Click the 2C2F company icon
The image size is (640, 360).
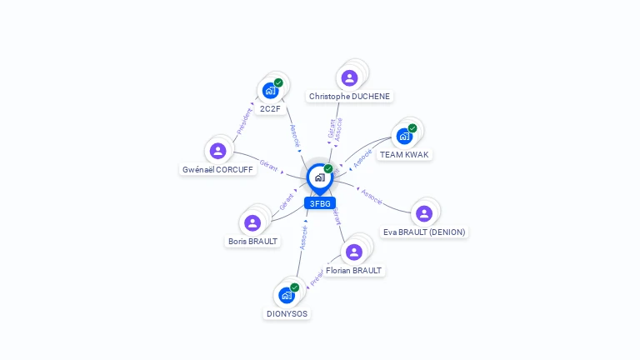270,91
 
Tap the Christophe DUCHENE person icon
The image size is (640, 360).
349,78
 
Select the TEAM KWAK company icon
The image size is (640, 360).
405,136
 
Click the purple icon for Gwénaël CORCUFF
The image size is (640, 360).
218,151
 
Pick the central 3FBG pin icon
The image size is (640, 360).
319,177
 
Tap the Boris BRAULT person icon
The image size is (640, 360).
252,222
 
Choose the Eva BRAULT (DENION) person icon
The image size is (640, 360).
424,213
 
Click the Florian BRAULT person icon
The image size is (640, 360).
354,252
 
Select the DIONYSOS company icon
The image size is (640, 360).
287,295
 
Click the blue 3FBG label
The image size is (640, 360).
320,203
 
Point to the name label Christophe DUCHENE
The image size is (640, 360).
349,97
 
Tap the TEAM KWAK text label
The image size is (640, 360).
405,155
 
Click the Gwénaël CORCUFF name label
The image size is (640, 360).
218,170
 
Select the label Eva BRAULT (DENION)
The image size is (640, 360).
424,232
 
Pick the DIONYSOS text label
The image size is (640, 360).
287,314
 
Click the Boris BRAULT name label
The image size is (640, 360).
252,242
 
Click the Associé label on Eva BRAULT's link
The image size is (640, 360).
372,197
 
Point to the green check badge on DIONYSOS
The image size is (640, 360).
294,287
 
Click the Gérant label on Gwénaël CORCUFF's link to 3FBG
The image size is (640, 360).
269,164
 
